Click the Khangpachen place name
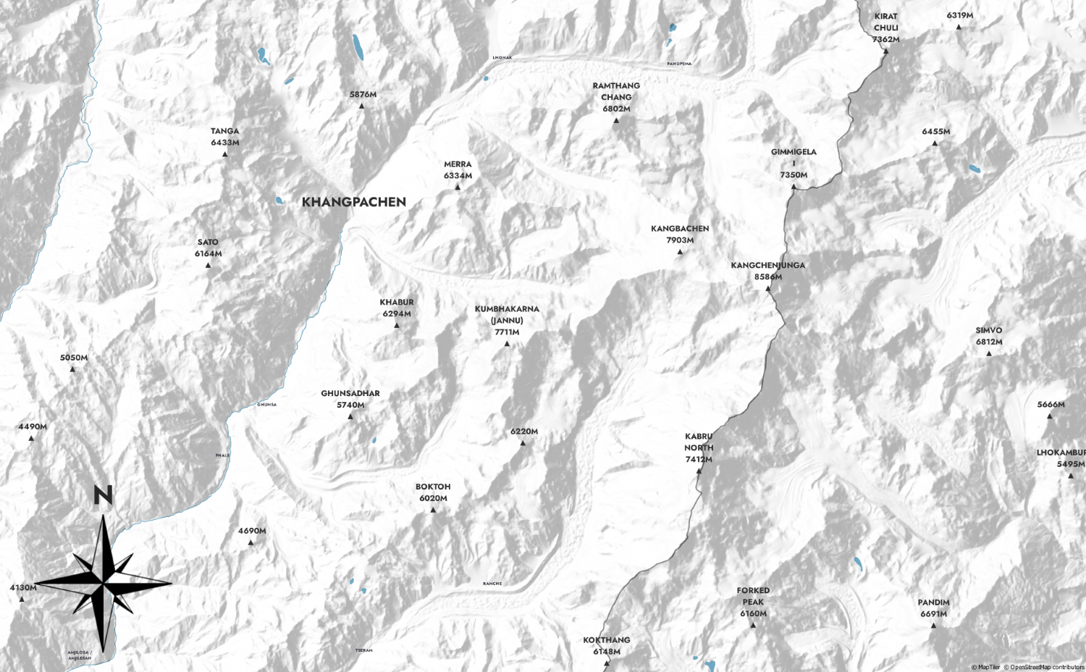(353, 202)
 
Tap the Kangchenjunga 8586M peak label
(767, 271)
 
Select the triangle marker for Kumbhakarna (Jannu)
(507, 344)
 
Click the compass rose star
(104, 582)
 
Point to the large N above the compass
(103, 495)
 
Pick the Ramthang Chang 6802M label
(616, 97)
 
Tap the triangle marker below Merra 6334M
(458, 188)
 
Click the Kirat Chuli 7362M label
(885, 28)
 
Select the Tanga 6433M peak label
(224, 137)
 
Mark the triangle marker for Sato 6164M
(208, 266)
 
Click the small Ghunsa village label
(266, 405)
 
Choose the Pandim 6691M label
(933, 608)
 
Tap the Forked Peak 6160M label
(753, 602)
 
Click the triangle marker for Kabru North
(699, 471)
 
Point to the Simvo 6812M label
(988, 336)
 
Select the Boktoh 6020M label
(433, 492)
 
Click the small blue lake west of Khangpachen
(279, 201)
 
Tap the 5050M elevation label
(73, 358)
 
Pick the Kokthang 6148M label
(606, 645)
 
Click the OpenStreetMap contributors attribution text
(1047, 668)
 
